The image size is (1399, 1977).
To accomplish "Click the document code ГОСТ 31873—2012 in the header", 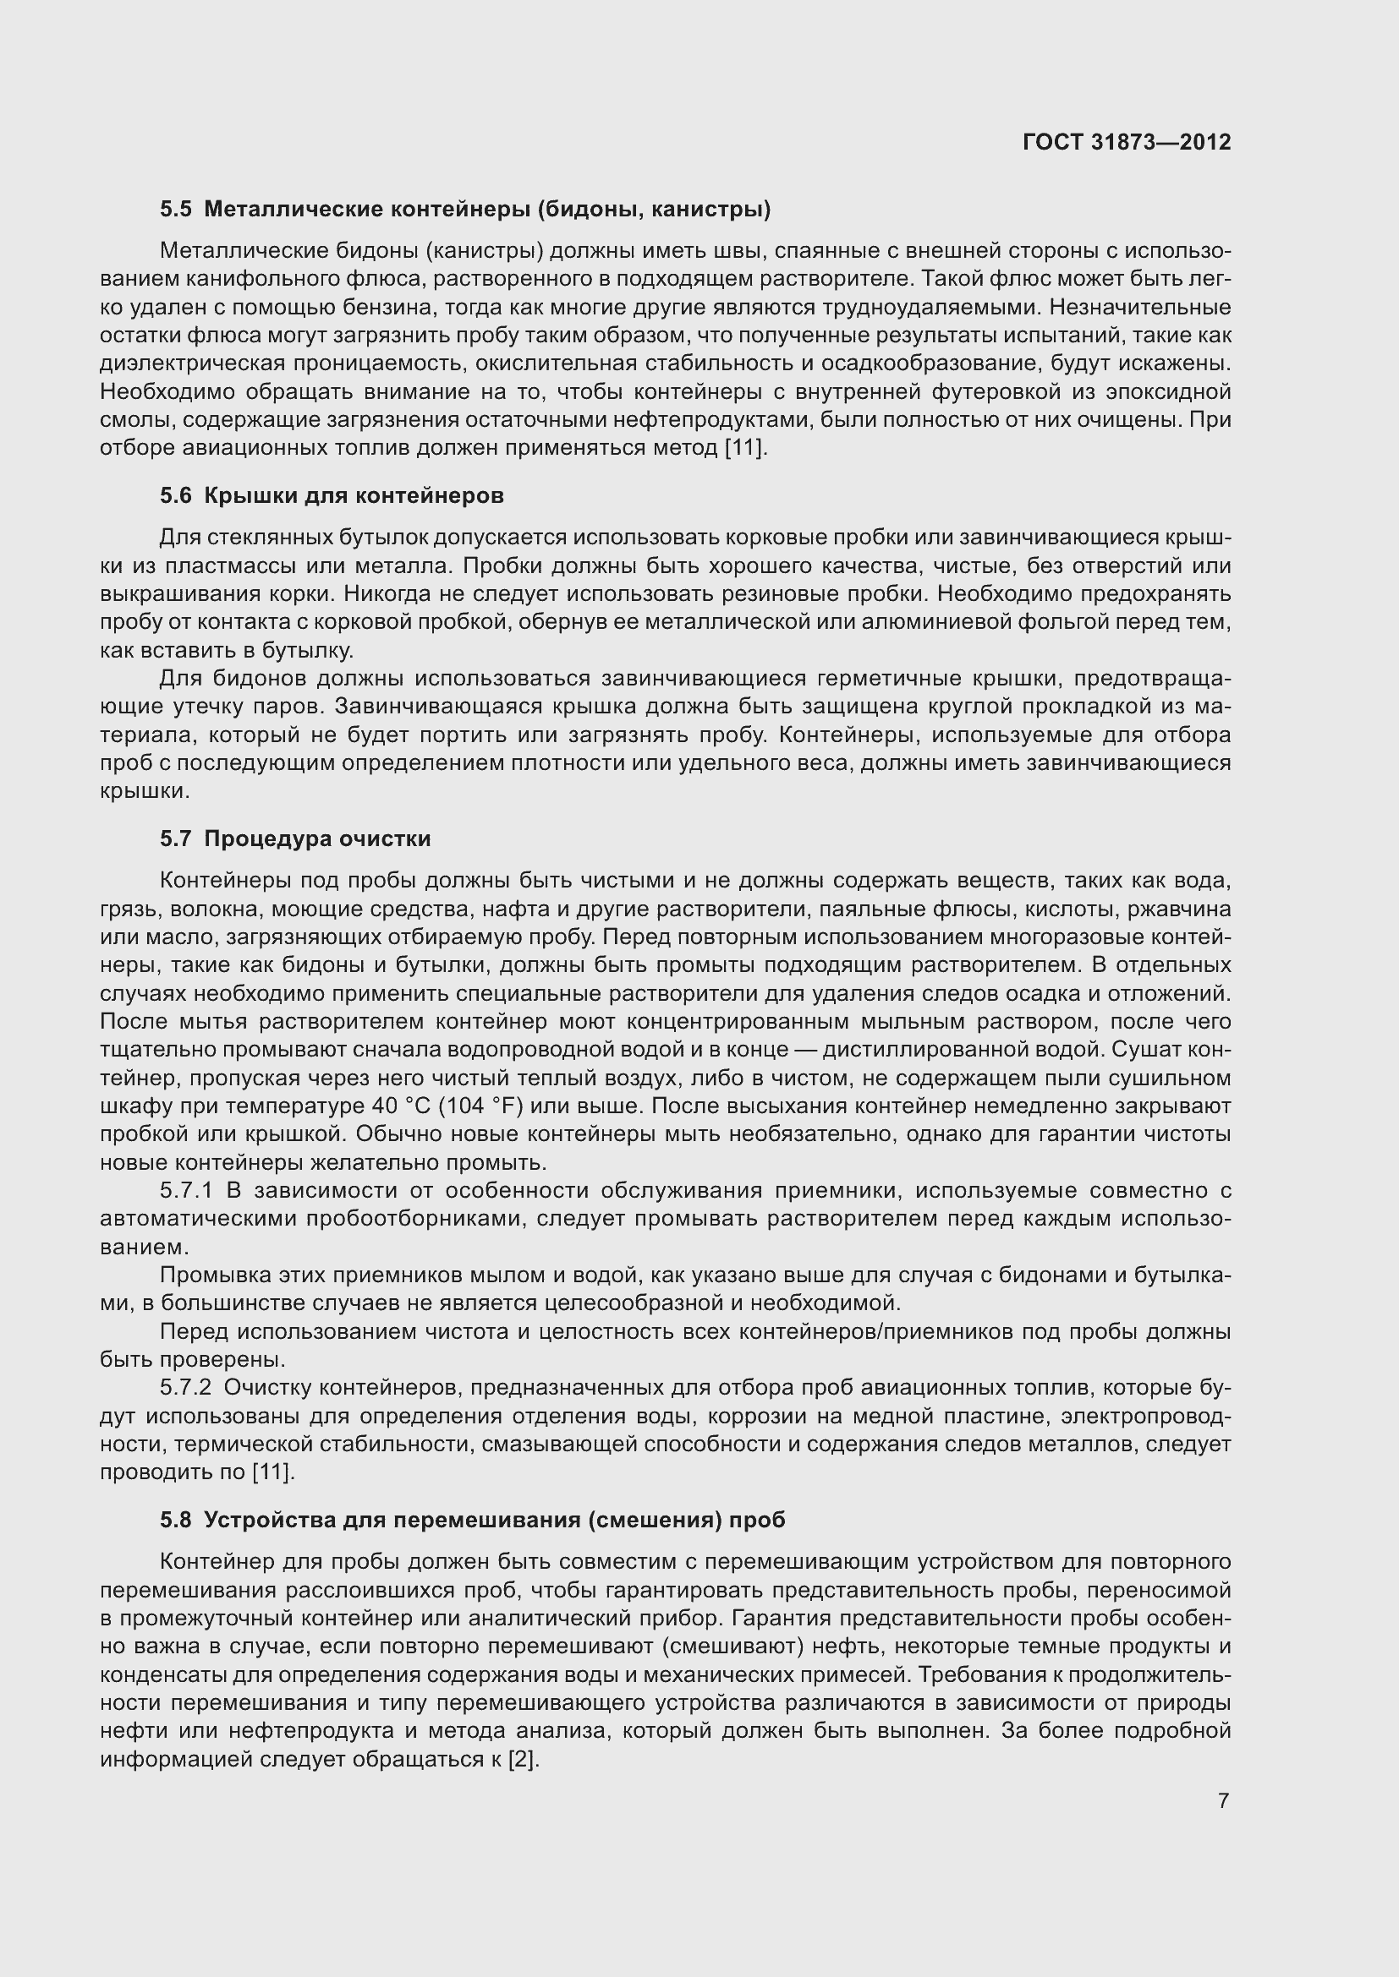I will tap(1126, 142).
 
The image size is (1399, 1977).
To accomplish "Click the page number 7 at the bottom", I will tap(1224, 1800).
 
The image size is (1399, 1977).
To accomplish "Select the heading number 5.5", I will tap(176, 210).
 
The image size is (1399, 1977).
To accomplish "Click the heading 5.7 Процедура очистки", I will tap(294, 838).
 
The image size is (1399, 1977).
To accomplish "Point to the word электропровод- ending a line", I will tap(1146, 1417).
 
